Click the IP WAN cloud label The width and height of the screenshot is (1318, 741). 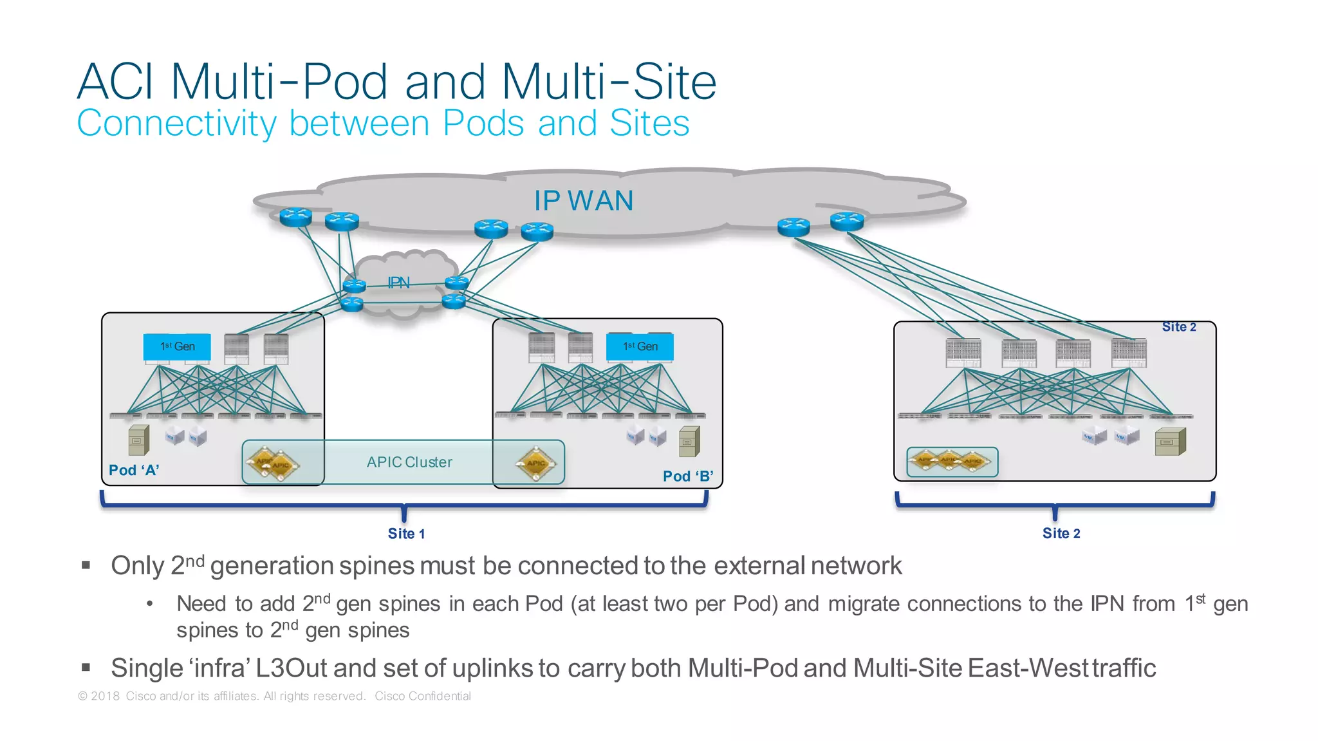584,201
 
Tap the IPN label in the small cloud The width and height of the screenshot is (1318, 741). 398,283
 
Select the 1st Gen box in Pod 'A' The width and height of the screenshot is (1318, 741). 177,347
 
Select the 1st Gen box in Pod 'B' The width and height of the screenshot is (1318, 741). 640,347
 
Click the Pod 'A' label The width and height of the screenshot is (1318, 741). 134,471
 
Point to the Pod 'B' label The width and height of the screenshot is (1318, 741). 688,476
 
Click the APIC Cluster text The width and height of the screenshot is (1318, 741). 409,462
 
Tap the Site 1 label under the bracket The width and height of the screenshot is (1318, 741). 406,534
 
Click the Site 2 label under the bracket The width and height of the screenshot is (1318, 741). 1061,534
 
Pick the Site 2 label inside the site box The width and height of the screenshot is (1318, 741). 1178,327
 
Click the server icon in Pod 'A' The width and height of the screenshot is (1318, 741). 138,440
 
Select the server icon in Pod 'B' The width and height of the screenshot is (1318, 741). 689,442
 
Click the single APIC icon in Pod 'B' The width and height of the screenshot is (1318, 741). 535,464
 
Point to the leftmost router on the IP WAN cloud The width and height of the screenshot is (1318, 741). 296,217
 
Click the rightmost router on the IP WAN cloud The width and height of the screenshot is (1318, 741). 847,221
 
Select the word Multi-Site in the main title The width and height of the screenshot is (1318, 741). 608,82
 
